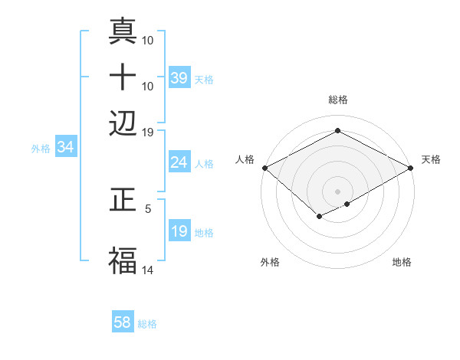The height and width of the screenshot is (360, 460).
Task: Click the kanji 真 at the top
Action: [123, 32]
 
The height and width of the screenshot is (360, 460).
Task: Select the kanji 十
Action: [123, 77]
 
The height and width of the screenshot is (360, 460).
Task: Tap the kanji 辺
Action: [123, 122]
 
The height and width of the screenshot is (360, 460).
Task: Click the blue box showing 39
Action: [179, 78]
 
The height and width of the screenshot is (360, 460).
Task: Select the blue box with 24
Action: [179, 162]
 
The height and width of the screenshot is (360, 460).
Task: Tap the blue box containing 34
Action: [65, 147]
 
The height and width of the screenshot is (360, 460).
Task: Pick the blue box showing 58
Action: [123, 322]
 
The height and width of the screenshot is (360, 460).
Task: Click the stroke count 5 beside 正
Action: [148, 208]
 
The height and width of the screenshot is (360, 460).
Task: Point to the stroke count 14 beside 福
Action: [148, 269]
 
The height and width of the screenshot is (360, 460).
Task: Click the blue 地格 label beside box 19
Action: [204, 232]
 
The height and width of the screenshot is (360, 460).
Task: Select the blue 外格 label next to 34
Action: [41, 148]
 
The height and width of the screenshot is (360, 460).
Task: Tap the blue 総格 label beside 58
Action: [147, 323]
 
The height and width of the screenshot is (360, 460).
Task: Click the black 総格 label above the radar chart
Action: [337, 100]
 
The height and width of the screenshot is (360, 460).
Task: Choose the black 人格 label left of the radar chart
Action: [245, 159]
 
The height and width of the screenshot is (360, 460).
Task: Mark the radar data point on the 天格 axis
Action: [412, 168]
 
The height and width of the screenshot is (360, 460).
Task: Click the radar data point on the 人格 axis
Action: [264, 168]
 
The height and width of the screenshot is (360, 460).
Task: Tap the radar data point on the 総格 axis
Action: [337, 131]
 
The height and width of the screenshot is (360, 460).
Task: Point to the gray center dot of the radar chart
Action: [337, 191]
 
